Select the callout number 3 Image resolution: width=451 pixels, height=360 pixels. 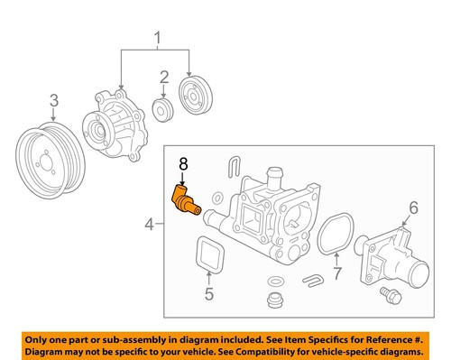tap(54, 100)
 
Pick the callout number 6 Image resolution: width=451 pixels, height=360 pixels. tap(413, 208)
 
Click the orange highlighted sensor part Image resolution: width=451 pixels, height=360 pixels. tap(183, 198)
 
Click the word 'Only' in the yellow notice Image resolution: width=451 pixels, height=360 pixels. tap(40, 336)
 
